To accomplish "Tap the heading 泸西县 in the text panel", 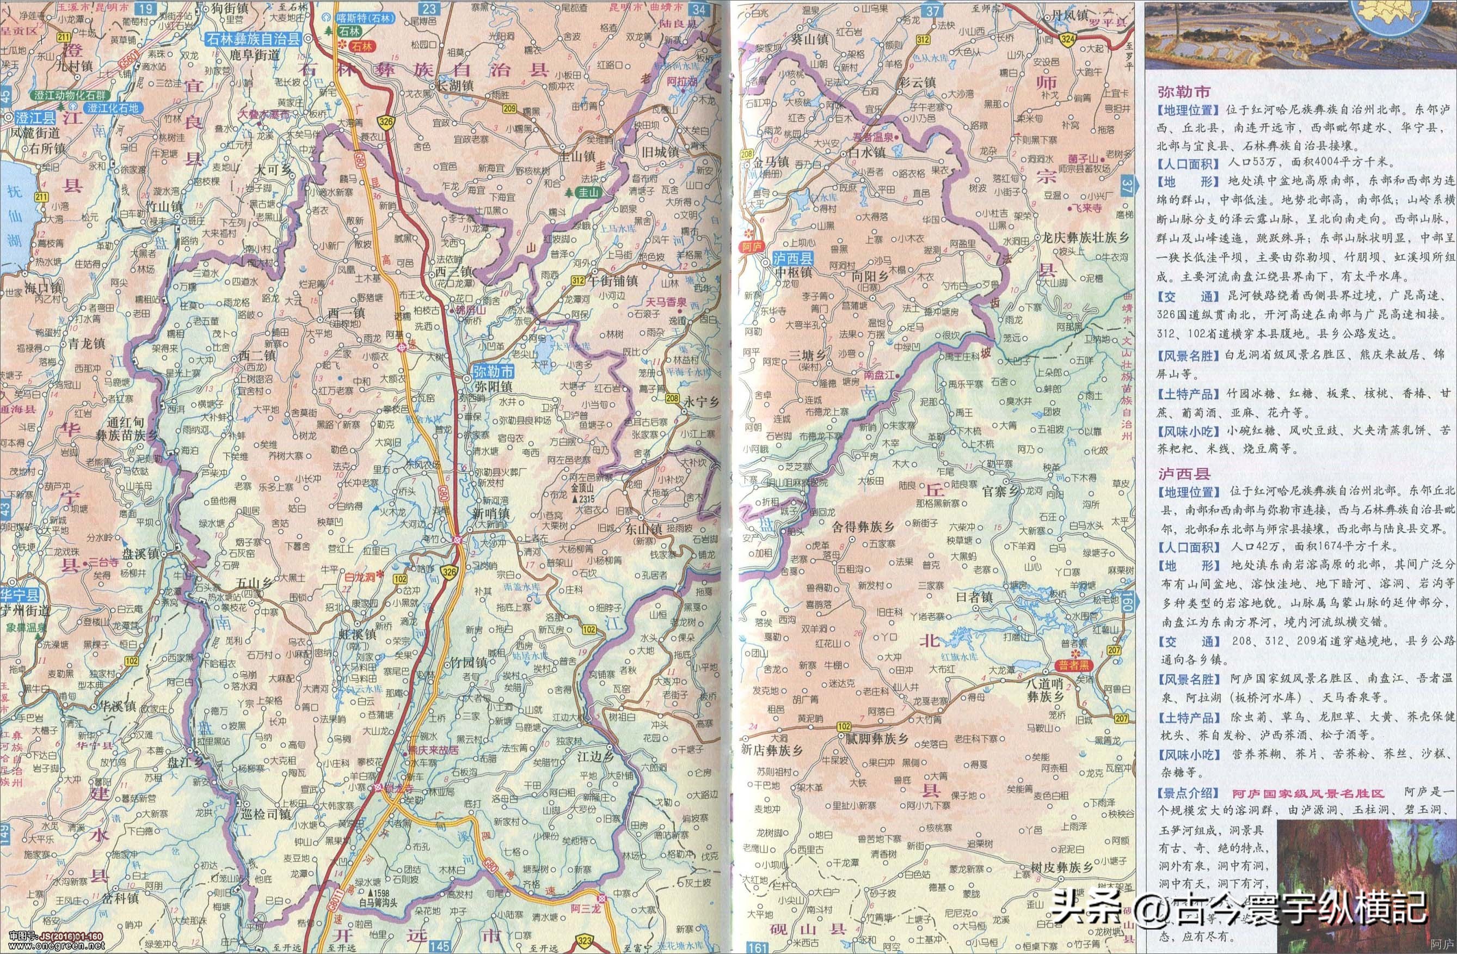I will pyautogui.click(x=1183, y=474).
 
